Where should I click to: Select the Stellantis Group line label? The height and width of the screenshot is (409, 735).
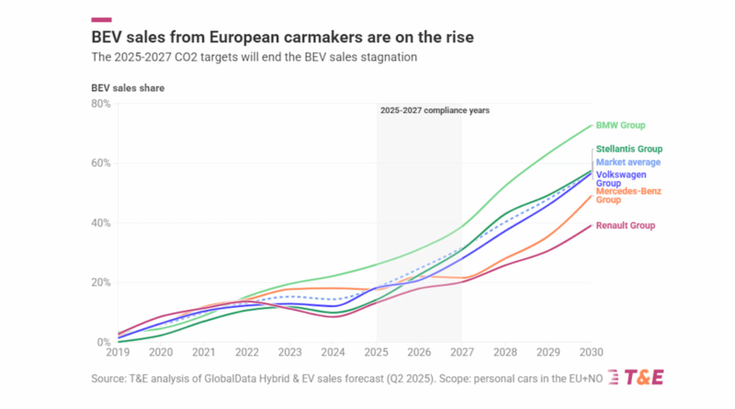[629, 149]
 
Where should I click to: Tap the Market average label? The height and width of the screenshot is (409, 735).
[628, 163]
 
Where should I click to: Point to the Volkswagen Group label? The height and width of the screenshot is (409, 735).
[622, 178]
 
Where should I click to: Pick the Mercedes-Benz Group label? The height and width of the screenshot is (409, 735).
[628, 195]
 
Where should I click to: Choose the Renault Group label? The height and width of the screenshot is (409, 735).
[625, 225]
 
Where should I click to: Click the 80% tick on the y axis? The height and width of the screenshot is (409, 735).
[100, 104]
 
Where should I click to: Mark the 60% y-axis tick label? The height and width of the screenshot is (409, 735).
[100, 164]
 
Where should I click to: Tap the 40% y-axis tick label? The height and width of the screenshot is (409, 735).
[100, 223]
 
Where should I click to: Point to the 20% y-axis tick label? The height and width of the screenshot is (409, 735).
[100, 283]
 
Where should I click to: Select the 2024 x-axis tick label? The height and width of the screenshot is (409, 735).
[334, 352]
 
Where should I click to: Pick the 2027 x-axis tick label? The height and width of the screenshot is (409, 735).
[461, 352]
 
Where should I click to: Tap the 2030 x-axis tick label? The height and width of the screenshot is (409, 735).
[589, 352]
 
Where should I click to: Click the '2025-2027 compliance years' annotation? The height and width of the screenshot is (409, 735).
[435, 110]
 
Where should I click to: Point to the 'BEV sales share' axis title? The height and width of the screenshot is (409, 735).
[128, 87]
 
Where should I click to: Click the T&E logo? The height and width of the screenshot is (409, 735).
[642, 378]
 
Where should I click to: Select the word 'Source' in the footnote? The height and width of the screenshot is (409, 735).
[109, 378]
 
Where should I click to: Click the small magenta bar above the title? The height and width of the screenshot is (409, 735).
[102, 18]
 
